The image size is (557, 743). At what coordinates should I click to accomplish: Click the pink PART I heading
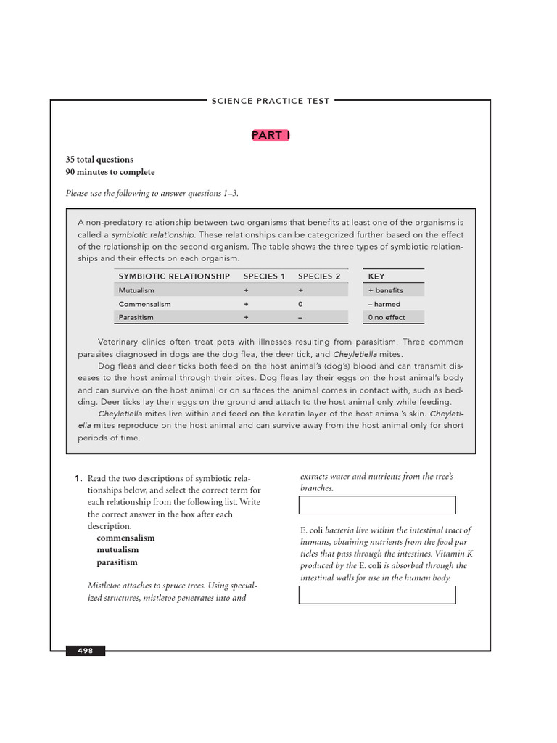pos(271,135)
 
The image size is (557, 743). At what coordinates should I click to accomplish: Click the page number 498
pos(86,651)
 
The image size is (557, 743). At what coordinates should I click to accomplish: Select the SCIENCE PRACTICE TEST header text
pos(271,101)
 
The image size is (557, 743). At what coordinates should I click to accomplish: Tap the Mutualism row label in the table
pos(136,290)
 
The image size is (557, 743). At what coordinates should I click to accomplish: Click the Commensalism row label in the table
pos(144,304)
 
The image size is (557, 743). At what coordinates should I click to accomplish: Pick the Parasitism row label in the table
pos(136,317)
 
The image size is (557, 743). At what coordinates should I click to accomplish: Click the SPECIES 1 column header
pos(264,276)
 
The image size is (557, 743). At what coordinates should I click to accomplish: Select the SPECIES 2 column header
pos(319,276)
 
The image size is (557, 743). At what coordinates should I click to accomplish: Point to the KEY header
pos(376,276)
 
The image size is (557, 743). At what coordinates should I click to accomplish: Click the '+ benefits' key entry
pos(385,290)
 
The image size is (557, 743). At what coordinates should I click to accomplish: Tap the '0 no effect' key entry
pos(387,317)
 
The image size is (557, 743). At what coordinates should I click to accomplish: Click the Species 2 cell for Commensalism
pos(300,304)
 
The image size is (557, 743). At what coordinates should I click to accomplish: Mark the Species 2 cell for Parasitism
pos(300,317)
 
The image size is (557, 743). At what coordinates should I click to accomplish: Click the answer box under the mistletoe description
pos(377,505)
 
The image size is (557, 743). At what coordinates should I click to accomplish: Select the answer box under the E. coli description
pos(377,595)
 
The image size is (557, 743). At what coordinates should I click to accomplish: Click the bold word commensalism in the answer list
pos(125,538)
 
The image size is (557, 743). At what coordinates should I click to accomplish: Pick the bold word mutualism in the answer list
pos(117,550)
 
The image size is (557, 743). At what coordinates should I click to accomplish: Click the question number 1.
pos(78,479)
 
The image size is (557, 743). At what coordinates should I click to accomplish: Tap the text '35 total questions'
pos(99,160)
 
